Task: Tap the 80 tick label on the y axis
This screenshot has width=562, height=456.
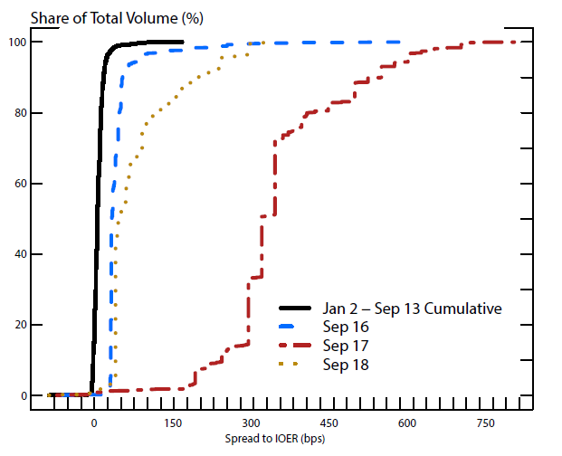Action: coord(17,113)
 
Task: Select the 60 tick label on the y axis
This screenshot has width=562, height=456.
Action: coord(17,184)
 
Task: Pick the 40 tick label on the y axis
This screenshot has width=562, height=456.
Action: coord(17,254)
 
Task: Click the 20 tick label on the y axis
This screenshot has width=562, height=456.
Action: coord(17,325)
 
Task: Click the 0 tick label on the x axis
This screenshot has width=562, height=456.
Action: coord(93,425)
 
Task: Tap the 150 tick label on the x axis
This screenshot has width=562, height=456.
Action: coord(171,425)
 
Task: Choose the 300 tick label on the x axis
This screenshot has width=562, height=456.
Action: coord(250,425)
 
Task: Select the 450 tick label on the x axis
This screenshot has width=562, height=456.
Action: coord(329,425)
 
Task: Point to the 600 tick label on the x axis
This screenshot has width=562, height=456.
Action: coord(406,425)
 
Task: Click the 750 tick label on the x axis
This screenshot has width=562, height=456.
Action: coord(485,425)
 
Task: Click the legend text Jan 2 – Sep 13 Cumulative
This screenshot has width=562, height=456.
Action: coord(411,309)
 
